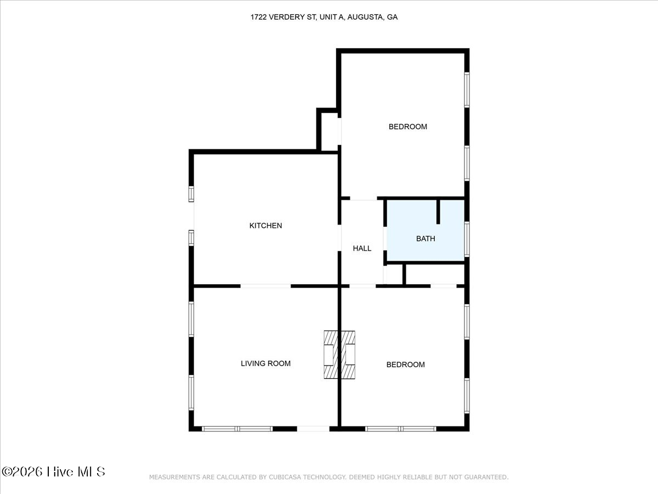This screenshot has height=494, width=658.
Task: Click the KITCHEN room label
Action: (x=265, y=226)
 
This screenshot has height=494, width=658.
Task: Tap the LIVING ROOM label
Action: (x=265, y=363)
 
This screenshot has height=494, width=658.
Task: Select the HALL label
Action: (x=362, y=248)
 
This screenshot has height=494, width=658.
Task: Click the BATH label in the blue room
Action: (x=426, y=239)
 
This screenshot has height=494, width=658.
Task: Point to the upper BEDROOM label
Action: (x=408, y=127)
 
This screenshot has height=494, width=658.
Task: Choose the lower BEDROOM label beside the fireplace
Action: (x=405, y=364)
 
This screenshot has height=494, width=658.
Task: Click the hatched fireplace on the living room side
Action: (x=331, y=355)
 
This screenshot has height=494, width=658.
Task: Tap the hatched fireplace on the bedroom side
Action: (x=348, y=355)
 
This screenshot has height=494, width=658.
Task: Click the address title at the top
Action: (x=324, y=17)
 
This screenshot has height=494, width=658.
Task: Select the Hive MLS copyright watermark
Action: (x=53, y=471)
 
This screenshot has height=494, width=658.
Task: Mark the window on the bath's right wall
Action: (x=467, y=239)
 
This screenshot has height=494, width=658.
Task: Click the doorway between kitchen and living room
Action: (x=265, y=286)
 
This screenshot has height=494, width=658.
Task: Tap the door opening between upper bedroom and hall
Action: (x=364, y=198)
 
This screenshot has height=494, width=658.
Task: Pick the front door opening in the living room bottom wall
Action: (x=313, y=429)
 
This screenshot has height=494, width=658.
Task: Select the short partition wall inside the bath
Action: (x=438, y=212)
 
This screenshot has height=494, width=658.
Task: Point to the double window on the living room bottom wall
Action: (x=237, y=429)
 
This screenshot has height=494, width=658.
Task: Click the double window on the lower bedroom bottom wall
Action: (x=400, y=429)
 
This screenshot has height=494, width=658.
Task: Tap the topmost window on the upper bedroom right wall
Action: (x=467, y=89)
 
